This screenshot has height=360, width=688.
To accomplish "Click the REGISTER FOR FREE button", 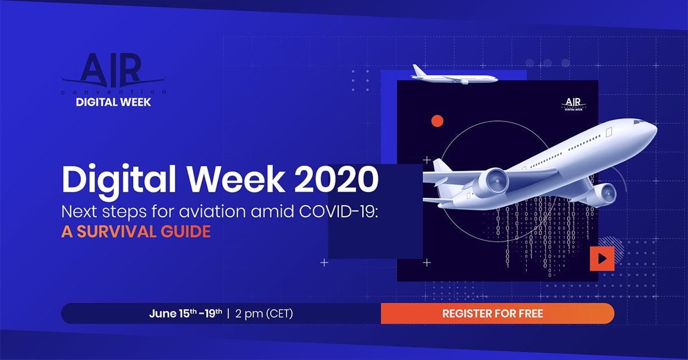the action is coord(498,314).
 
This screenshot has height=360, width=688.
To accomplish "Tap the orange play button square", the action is coord(602,259).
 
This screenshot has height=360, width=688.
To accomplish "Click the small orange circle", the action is coord(437,121).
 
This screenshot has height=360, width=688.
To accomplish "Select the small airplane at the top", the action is coord(454,76).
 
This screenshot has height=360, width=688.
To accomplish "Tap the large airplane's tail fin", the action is coord(441,165).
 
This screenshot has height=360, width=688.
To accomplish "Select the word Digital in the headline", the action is coord(119,181).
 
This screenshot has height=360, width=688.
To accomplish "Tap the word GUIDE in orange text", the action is coord(186,232).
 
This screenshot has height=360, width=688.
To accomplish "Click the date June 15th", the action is coord(173,314).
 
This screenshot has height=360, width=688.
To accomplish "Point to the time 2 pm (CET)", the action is coord(264,314).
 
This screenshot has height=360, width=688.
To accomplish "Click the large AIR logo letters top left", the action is coord(111,70).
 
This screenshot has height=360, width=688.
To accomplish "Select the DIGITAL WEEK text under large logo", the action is coord(114,102).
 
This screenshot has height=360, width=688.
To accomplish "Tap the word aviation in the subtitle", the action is coord(213,212).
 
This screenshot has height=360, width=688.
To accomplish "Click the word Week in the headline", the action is coord(236,179).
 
